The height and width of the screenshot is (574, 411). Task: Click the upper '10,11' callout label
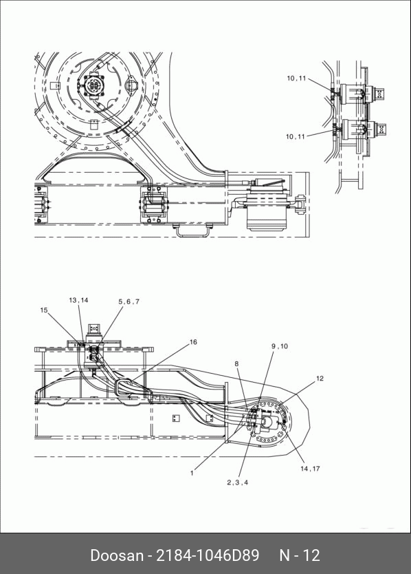(296, 78)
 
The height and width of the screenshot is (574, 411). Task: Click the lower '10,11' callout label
(295, 136)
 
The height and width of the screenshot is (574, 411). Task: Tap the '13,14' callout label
(78, 300)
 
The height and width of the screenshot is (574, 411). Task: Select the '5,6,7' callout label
(129, 301)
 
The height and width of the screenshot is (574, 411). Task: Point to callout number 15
(44, 310)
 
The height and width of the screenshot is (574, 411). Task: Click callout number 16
(193, 342)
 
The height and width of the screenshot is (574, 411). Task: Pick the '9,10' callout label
(280, 346)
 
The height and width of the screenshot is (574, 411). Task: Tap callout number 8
(236, 363)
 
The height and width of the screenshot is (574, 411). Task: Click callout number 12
(320, 378)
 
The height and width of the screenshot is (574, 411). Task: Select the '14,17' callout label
(310, 469)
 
